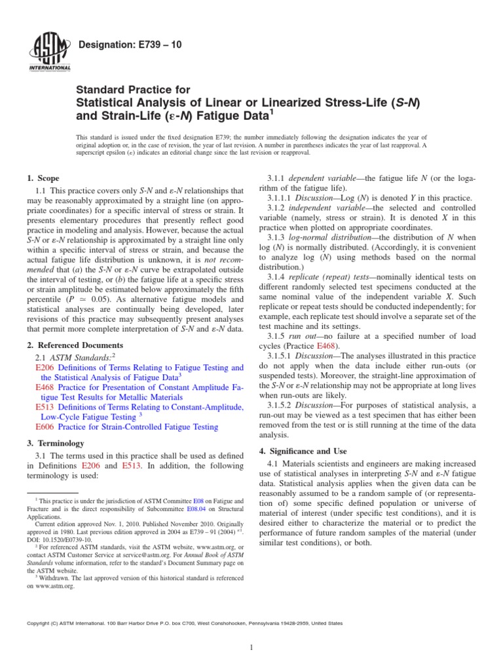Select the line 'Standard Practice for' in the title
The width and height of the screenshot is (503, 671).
(x=134, y=90)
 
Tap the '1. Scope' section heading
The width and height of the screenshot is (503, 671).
(x=43, y=178)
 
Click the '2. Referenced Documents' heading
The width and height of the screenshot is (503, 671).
(x=73, y=345)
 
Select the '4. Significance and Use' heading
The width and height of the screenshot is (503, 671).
(x=307, y=451)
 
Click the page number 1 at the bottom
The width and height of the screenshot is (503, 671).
(x=251, y=648)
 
